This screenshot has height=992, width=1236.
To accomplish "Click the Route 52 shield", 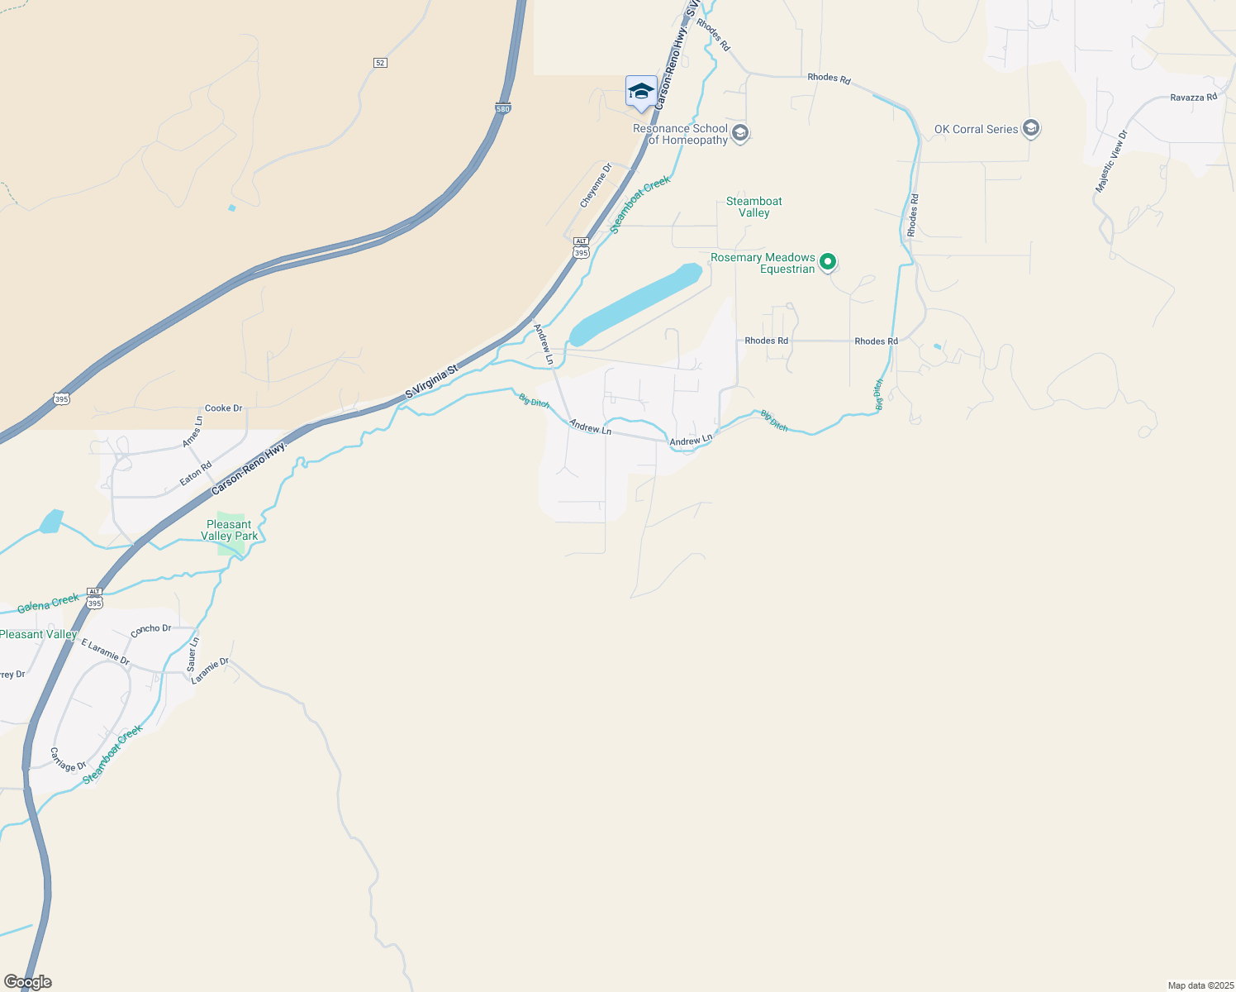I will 380,63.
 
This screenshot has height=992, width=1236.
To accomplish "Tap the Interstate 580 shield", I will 503,108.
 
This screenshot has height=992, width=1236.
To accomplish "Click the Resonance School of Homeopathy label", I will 680,134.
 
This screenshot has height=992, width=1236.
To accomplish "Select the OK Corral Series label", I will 976,129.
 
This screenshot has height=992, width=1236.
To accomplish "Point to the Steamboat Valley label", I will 753,207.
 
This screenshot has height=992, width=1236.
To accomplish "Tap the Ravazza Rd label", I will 1193,98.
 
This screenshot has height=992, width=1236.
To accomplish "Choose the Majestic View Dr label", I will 1110,162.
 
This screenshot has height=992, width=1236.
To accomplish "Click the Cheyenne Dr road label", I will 596,185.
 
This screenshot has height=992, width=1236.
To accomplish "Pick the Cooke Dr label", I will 223,408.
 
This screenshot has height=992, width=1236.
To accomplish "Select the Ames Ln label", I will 192,432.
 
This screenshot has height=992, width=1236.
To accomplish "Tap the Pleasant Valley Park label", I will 229,530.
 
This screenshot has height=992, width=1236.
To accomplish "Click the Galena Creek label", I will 49,603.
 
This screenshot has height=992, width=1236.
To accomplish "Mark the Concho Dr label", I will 150,629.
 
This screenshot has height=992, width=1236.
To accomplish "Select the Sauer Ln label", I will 193,653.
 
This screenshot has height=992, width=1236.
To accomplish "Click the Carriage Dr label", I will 68,760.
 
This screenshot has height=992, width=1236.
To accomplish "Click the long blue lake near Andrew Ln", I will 636,305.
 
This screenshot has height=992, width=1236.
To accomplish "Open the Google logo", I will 27,982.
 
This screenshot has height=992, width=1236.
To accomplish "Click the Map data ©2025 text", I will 1199,985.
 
